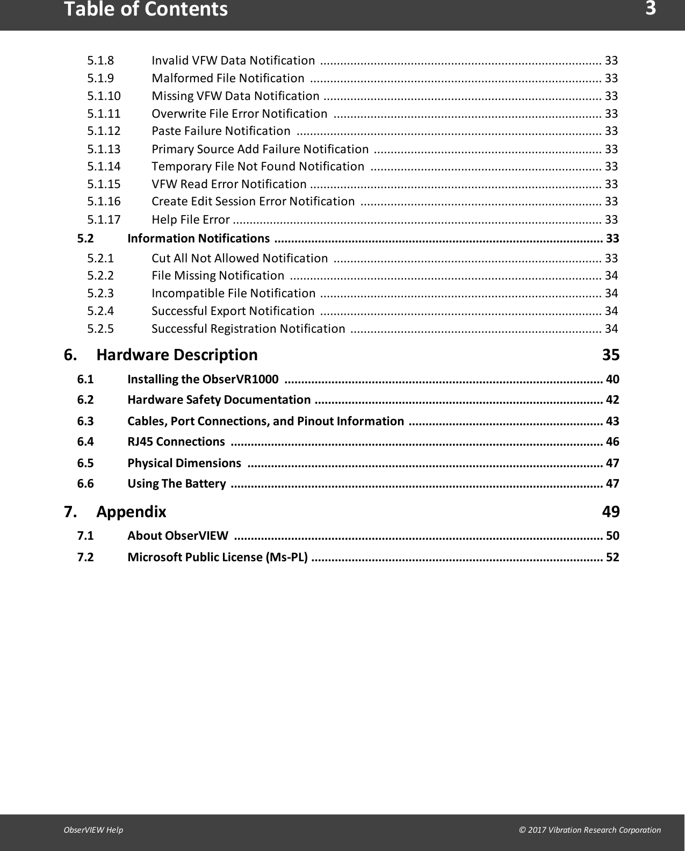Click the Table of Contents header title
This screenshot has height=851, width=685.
click(x=146, y=10)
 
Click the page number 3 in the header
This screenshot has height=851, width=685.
click(x=650, y=9)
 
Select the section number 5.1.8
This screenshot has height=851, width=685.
click(x=100, y=60)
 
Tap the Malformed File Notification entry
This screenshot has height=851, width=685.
click(x=228, y=78)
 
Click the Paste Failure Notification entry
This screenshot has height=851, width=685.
click(x=221, y=131)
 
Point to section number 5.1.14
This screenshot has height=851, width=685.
click(x=104, y=166)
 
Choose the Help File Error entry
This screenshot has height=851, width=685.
click(x=191, y=219)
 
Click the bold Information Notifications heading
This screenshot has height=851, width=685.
click(x=198, y=238)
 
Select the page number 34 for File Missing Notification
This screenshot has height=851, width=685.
click(x=611, y=275)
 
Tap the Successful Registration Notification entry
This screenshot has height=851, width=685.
click(x=248, y=328)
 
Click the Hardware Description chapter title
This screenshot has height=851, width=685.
click(x=177, y=355)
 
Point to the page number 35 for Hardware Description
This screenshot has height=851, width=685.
click(x=610, y=355)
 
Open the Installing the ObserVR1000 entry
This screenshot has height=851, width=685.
click(x=203, y=379)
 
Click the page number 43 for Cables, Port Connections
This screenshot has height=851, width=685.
click(x=612, y=421)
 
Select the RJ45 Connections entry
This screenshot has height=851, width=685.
click(x=176, y=441)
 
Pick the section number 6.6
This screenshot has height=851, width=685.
click(x=85, y=483)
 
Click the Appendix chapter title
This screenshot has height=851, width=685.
click(x=131, y=511)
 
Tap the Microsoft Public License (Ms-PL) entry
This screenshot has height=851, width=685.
click(x=218, y=557)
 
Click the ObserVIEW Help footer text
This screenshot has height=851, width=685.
click(x=93, y=829)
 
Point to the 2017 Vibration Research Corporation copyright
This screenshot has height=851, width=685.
click(x=589, y=829)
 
